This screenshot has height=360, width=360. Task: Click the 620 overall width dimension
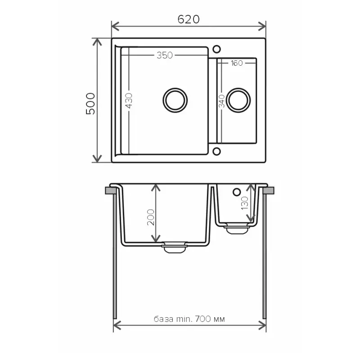188,19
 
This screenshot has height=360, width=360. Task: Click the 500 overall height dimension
90,103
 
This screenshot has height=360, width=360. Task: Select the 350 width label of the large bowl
165,56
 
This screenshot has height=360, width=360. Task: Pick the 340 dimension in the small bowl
221,101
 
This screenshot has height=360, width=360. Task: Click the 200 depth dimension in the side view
150,218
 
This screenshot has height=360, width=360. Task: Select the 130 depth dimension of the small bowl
244,203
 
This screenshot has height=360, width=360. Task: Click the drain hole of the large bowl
175,99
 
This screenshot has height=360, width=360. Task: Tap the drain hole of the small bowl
238,99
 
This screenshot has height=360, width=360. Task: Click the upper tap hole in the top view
216,48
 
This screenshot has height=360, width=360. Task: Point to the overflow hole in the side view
236,192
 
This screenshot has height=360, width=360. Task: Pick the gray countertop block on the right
270,191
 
